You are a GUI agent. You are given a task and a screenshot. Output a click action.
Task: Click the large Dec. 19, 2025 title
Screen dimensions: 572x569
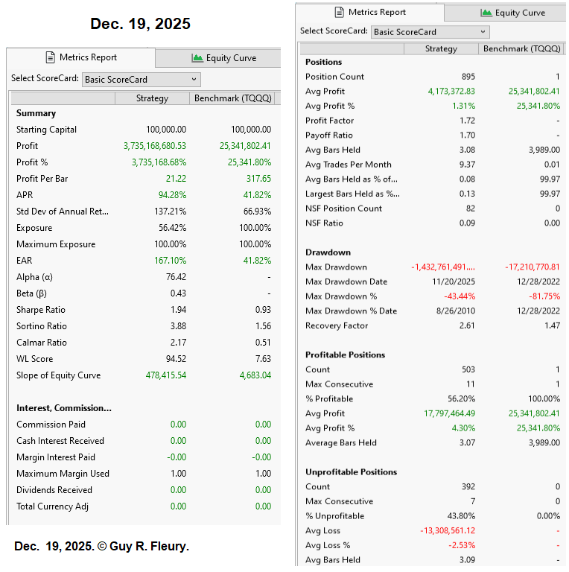[x=140, y=24]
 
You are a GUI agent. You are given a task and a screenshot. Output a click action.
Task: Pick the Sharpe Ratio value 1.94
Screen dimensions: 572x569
[x=178, y=310]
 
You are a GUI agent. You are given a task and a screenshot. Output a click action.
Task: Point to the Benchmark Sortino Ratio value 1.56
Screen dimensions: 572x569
[x=262, y=326]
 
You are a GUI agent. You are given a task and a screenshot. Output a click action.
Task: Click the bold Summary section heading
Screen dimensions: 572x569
[x=36, y=113]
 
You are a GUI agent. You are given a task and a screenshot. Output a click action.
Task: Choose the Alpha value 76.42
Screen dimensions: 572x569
[x=176, y=277]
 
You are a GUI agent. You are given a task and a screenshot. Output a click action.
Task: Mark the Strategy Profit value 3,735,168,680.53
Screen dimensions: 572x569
[x=155, y=146]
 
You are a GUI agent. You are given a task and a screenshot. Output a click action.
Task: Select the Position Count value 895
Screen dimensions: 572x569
[x=468, y=77]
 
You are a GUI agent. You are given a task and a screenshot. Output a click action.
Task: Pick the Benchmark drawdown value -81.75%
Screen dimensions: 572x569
[x=543, y=296]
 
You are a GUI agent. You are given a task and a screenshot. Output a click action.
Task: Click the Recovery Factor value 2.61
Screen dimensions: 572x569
[x=467, y=325]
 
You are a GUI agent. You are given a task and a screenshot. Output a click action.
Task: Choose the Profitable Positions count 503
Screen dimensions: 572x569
[x=468, y=369]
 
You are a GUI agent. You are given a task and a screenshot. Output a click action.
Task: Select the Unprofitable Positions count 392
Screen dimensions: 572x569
[x=468, y=486]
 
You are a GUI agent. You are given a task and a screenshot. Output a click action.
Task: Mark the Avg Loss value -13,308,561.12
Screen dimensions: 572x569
[x=448, y=531]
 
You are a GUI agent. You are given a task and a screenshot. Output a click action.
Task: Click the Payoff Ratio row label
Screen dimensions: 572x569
[x=329, y=136]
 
